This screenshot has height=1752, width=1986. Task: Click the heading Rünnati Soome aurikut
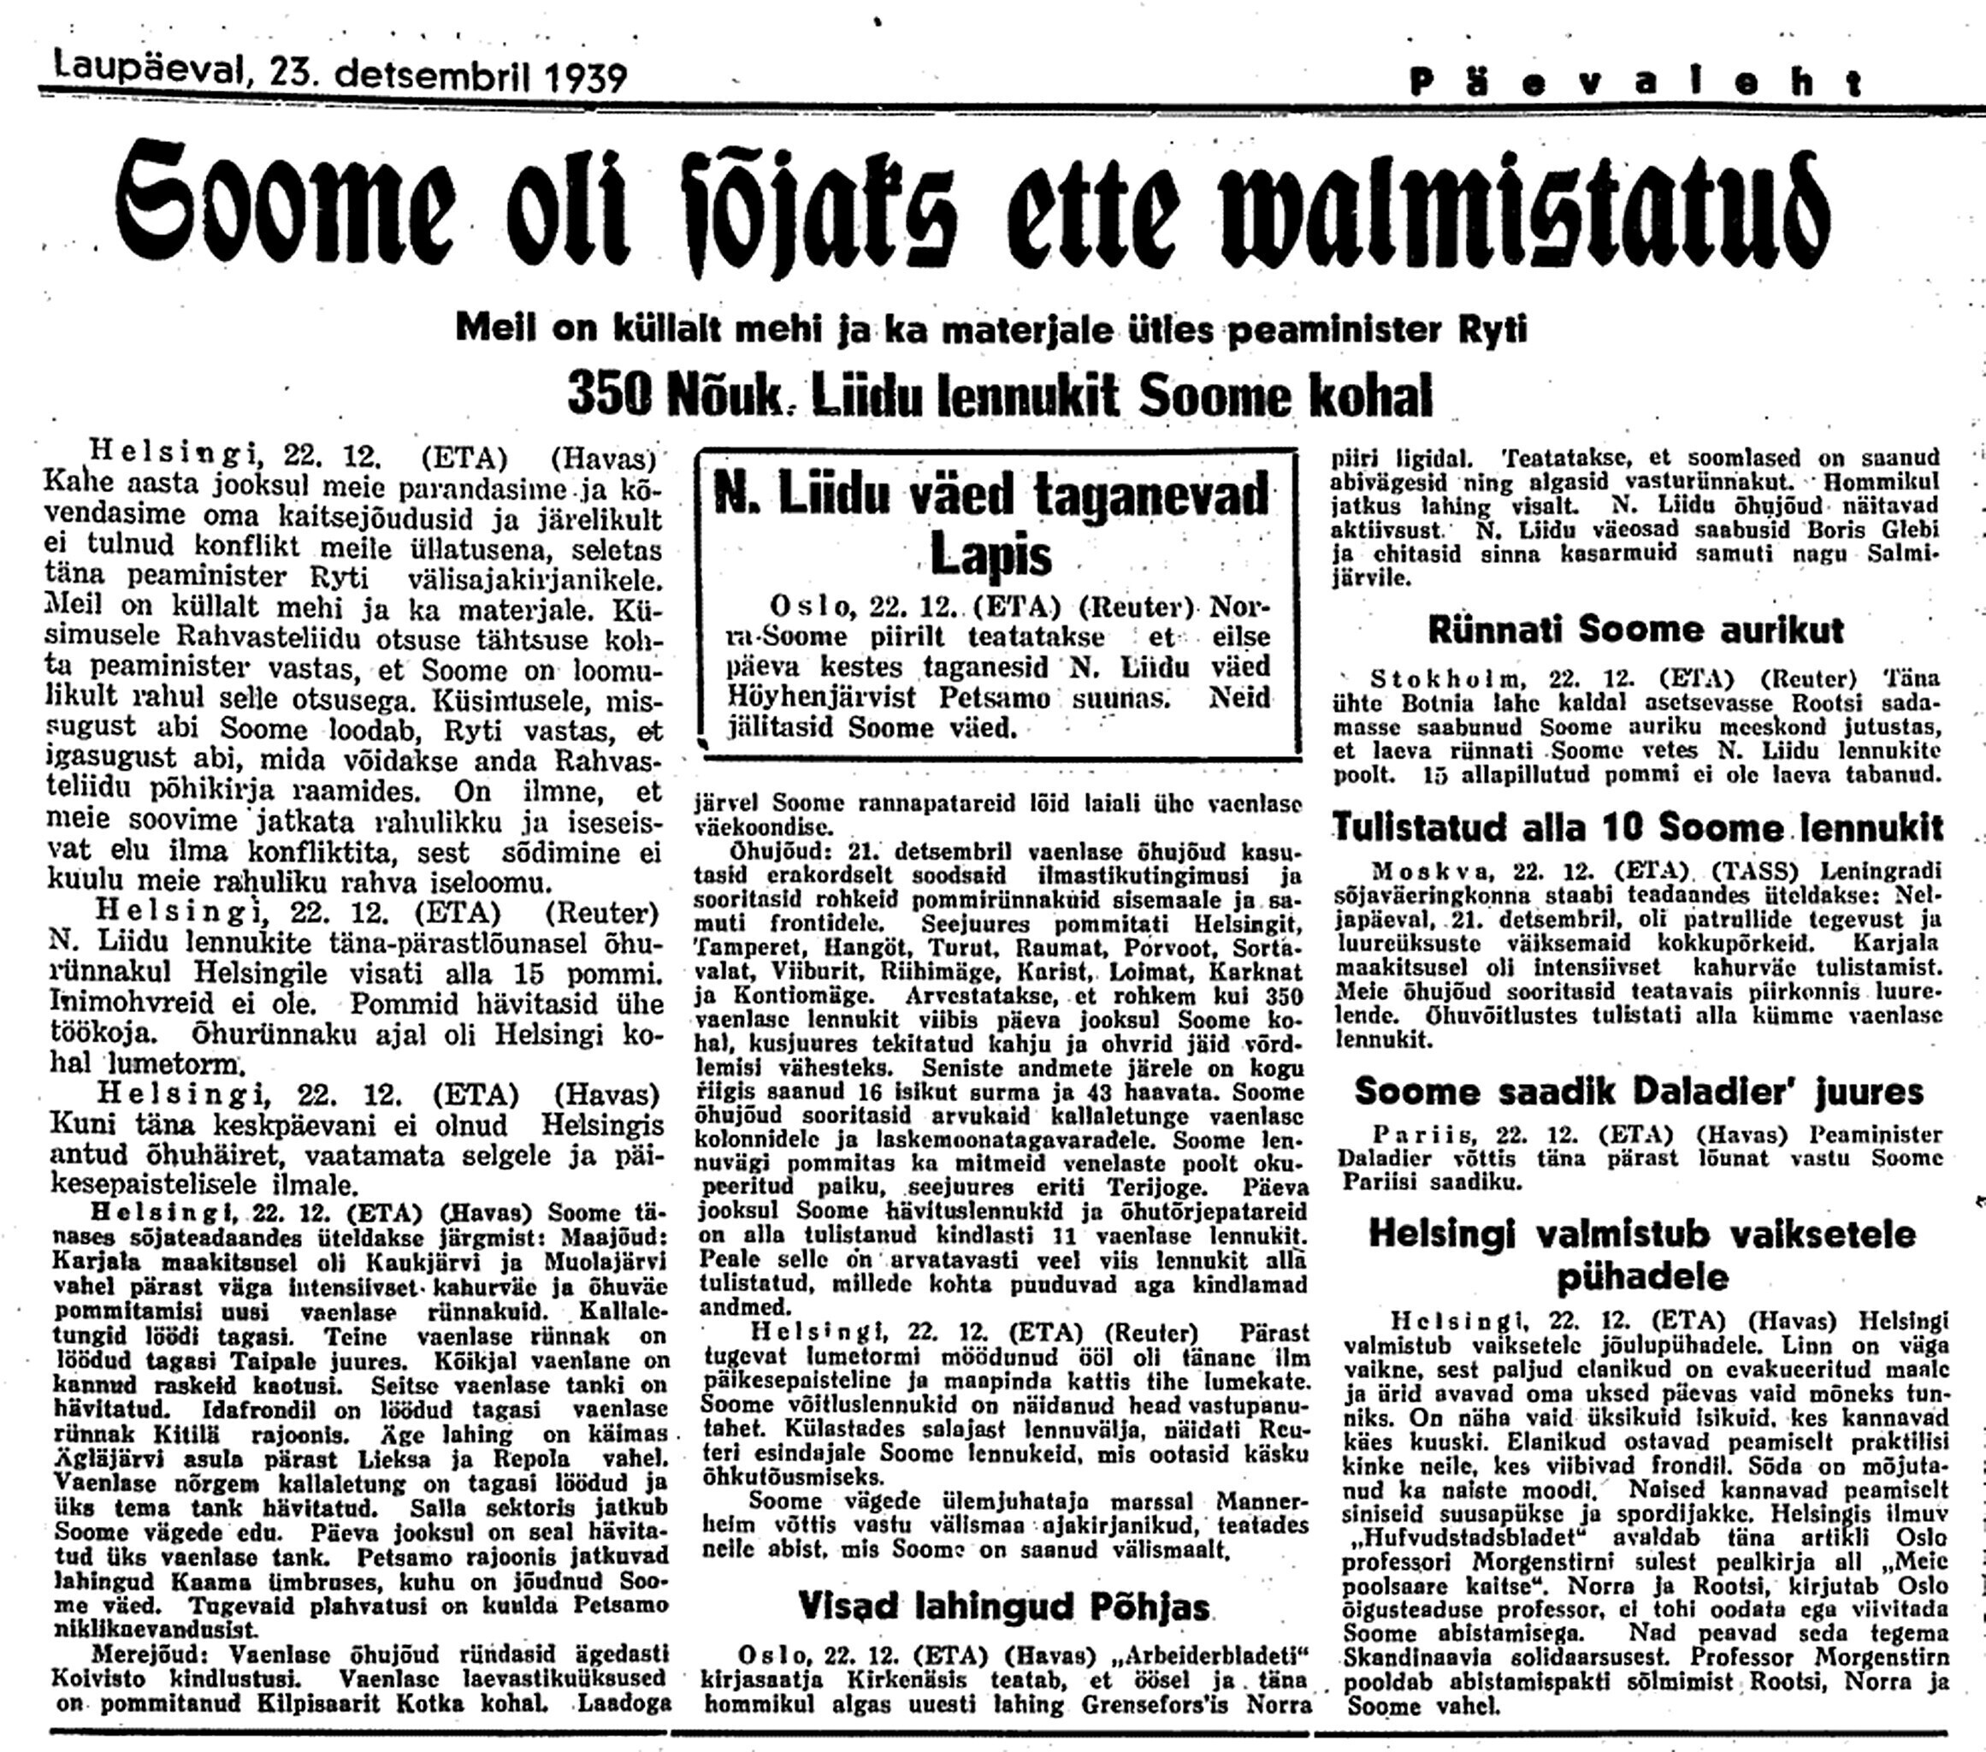click(x=1635, y=630)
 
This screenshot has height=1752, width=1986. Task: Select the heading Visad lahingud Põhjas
click(x=1003, y=1607)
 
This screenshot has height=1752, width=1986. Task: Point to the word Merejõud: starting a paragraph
click(x=145, y=1654)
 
